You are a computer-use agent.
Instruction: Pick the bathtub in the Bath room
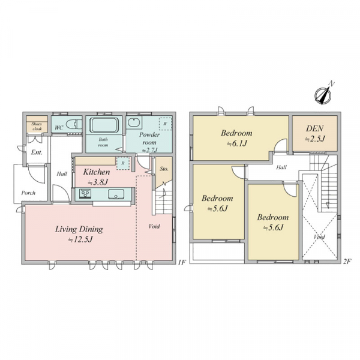[106, 126]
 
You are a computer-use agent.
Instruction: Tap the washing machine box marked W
[164, 124]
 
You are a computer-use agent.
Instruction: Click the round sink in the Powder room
[134, 123]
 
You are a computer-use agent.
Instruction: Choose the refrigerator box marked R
[122, 162]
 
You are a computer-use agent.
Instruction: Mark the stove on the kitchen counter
[84, 193]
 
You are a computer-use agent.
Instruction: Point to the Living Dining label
[79, 229]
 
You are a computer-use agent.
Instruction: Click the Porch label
[28, 193]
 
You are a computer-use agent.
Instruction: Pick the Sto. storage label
[164, 170]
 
